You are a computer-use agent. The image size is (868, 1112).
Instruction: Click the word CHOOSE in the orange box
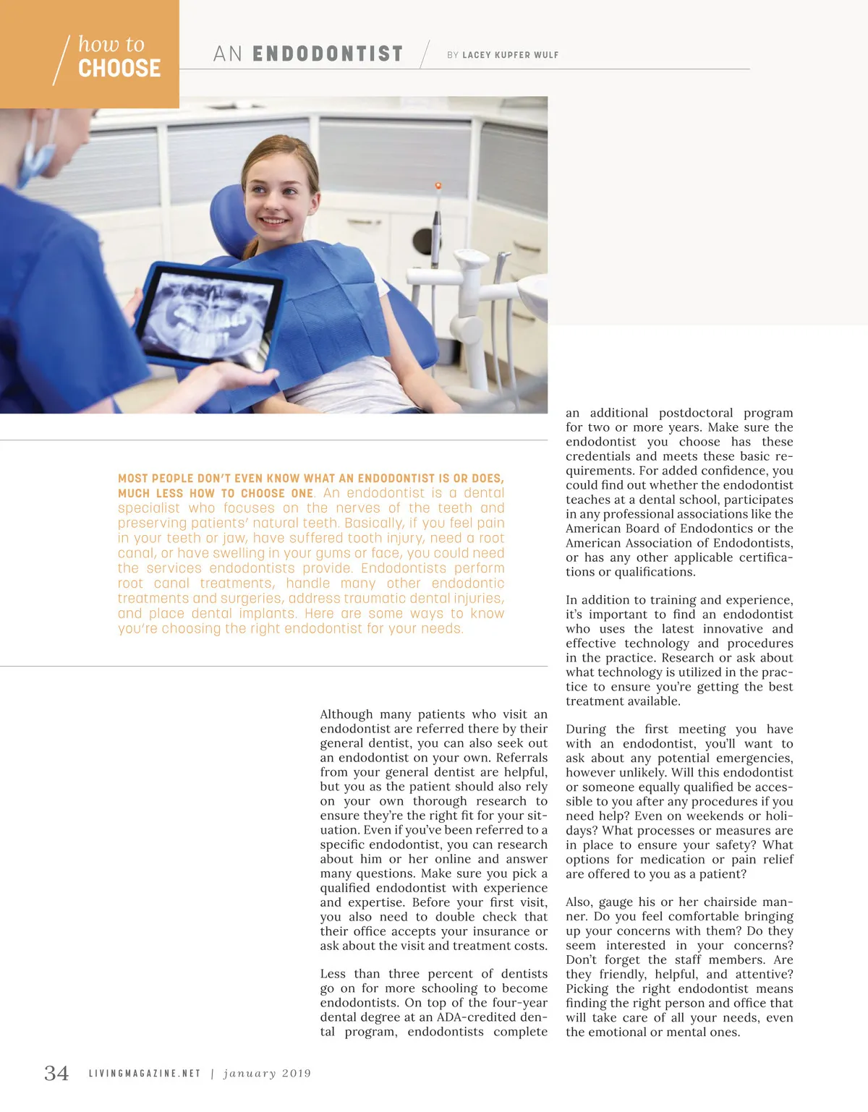click(119, 69)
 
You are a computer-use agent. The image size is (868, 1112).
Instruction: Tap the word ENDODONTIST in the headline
click(327, 54)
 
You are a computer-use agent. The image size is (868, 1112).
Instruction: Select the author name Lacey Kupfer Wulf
click(510, 55)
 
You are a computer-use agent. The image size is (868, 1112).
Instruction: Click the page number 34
click(56, 1073)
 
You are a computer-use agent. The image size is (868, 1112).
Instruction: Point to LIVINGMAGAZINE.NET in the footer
click(145, 1074)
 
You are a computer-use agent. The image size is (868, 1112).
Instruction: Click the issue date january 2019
click(267, 1074)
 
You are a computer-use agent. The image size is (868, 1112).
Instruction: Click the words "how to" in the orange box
click(111, 44)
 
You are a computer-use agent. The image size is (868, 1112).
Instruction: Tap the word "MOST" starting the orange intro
click(132, 479)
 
